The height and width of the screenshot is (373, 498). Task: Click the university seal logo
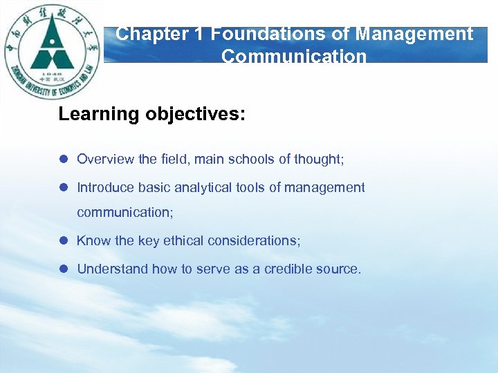pyautogui.click(x=52, y=52)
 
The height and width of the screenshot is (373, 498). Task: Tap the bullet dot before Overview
pyautogui.click(x=62, y=160)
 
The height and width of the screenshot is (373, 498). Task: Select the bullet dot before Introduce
pyautogui.click(x=62, y=188)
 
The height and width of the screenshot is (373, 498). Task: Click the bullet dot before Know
pyautogui.click(x=62, y=241)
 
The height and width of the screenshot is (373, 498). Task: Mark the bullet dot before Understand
pyautogui.click(x=62, y=269)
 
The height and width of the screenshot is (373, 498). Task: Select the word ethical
pyautogui.click(x=183, y=241)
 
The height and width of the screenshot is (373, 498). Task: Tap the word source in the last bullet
pyautogui.click(x=339, y=269)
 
